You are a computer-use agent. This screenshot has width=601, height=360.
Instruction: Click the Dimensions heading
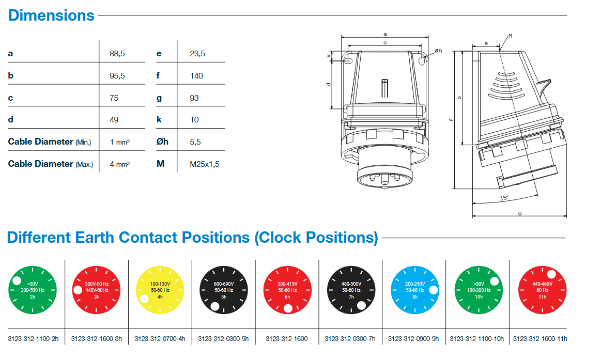[x=51, y=15]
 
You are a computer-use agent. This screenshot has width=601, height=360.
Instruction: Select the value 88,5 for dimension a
[x=117, y=53]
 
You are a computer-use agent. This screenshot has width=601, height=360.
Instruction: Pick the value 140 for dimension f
[x=196, y=75]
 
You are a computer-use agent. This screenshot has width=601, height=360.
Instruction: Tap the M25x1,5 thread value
[x=205, y=164]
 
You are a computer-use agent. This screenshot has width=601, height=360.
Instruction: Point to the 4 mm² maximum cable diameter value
[x=119, y=164]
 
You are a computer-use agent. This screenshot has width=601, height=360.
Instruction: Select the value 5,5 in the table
[x=195, y=142]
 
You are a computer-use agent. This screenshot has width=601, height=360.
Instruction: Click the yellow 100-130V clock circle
[x=160, y=290]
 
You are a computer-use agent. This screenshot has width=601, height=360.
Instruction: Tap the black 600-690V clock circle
[x=223, y=290]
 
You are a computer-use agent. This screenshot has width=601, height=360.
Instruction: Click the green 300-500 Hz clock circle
[x=33, y=290]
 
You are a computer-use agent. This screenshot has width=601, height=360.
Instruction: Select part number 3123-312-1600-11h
[x=540, y=339]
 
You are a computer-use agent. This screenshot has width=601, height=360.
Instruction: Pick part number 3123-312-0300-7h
[x=350, y=339]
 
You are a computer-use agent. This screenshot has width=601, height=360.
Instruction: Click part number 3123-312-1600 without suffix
[x=286, y=339]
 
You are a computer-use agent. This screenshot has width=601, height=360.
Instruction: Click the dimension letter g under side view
[x=519, y=212]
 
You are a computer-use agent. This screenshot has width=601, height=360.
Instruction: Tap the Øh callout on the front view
[x=438, y=51]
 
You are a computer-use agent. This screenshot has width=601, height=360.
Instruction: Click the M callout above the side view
[x=510, y=36]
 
